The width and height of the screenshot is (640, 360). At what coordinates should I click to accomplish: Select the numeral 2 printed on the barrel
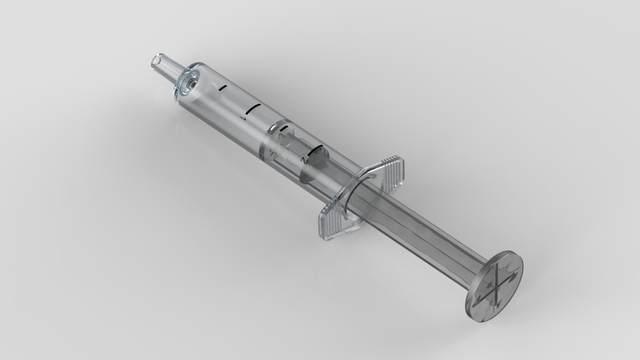[x=303, y=161]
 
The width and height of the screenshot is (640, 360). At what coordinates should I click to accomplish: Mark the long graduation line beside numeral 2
[x=315, y=150]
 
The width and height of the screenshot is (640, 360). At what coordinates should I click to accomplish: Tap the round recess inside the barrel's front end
[x=188, y=85]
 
